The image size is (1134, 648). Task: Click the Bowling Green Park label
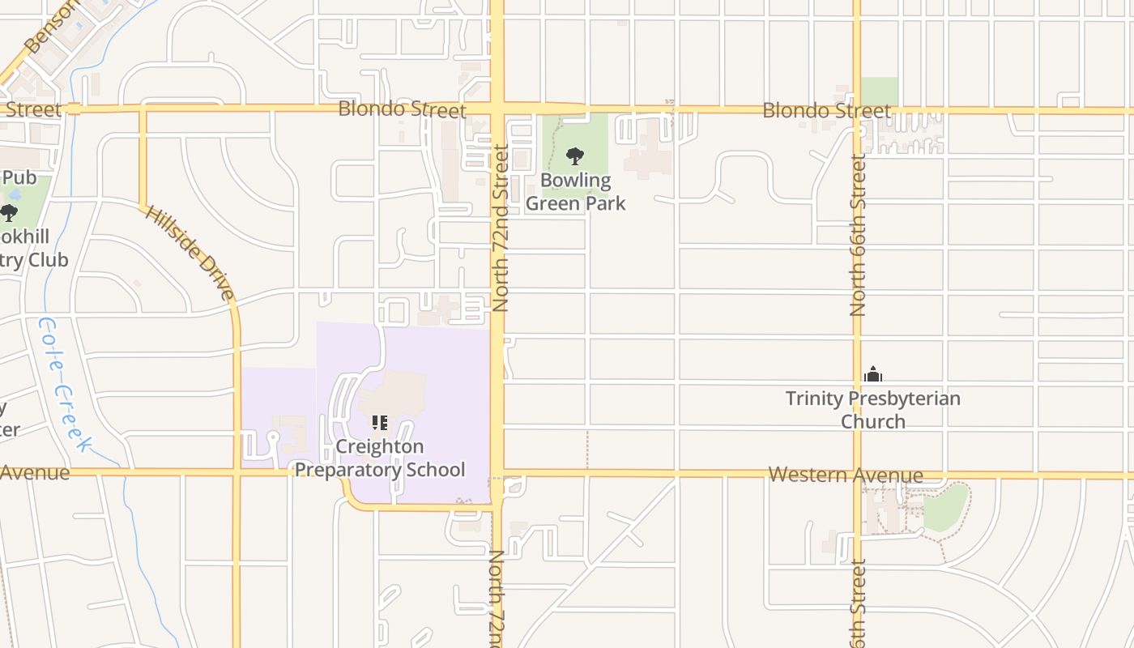pyautogui.click(x=575, y=192)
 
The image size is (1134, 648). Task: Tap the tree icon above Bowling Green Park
pyautogui.click(x=575, y=156)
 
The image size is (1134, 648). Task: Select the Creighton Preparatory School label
pyautogui.click(x=380, y=458)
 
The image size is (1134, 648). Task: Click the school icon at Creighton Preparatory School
pyautogui.click(x=380, y=423)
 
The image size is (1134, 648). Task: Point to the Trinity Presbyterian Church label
pyautogui.click(x=873, y=410)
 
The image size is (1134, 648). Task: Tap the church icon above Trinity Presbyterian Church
pyautogui.click(x=873, y=374)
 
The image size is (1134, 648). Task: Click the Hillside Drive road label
pyautogui.click(x=190, y=252)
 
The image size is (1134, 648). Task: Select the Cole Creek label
pyautogui.click(x=63, y=383)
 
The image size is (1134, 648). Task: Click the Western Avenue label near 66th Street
pyautogui.click(x=845, y=475)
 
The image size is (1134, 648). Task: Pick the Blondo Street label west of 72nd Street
pyautogui.click(x=402, y=109)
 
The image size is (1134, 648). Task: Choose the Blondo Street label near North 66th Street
pyautogui.click(x=826, y=110)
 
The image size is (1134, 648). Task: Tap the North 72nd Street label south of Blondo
pyautogui.click(x=500, y=228)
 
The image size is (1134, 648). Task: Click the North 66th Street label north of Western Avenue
pyautogui.click(x=859, y=235)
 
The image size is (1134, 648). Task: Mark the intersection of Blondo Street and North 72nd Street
pyautogui.click(x=497, y=109)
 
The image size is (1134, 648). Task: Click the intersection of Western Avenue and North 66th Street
pyautogui.click(x=857, y=475)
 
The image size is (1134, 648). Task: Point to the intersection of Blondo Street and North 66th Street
pyautogui.click(x=857, y=109)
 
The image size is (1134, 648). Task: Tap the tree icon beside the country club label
pyautogui.click(x=9, y=213)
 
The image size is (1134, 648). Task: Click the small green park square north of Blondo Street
pyautogui.click(x=879, y=91)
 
